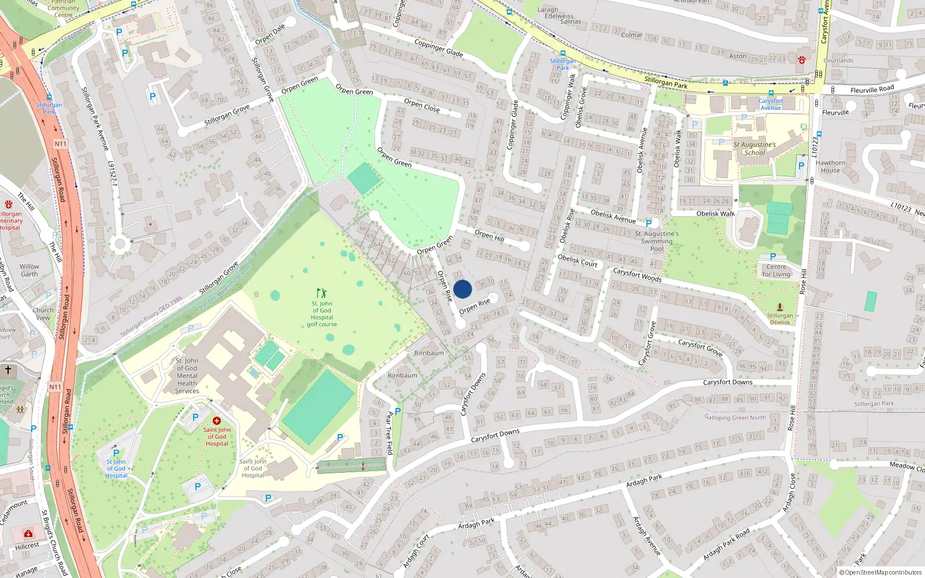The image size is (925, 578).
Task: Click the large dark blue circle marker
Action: click(462, 289)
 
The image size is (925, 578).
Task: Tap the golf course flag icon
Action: click(321, 293)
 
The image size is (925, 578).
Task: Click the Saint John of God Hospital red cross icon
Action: click(217, 421)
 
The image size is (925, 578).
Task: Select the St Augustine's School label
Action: click(754, 149)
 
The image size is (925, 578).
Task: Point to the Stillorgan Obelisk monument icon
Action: click(780, 307)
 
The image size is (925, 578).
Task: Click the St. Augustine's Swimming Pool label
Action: click(657, 241)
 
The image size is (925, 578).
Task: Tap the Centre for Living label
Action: click(776, 271)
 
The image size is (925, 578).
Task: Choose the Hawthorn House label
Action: click(830, 166)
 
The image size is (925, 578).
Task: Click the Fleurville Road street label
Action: click(872, 89)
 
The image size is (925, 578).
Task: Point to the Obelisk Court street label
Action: click(577, 260)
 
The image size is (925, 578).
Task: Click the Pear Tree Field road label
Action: click(389, 433)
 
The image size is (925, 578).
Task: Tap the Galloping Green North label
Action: click(735, 417)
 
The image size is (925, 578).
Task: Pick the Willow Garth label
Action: click(29, 271)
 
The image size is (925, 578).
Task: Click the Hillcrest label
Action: click(27, 546)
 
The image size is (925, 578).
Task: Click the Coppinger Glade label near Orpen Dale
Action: click(438, 47)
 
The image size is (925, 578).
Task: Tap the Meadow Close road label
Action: click(906, 466)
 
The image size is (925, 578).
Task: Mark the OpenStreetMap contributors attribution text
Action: click(883, 572)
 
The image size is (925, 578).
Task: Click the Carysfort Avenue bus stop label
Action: click(771, 104)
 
